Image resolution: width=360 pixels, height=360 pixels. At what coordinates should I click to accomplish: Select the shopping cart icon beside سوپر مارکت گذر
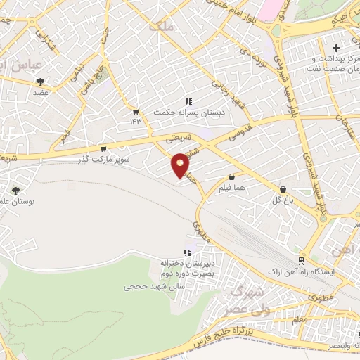click(x=103, y=148)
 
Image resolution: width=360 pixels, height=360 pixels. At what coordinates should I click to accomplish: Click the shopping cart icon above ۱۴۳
click(x=135, y=110)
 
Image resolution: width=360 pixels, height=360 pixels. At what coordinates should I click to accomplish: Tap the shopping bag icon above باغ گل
click(x=283, y=189)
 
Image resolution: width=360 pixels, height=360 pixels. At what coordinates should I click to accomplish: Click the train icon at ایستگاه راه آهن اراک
click(x=301, y=260)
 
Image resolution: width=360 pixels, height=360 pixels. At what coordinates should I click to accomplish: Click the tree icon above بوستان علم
click(x=15, y=190)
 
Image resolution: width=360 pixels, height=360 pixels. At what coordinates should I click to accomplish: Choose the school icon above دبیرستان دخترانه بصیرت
click(x=187, y=252)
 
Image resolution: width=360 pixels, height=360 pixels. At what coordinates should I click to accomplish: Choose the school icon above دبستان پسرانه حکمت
click(x=188, y=101)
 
